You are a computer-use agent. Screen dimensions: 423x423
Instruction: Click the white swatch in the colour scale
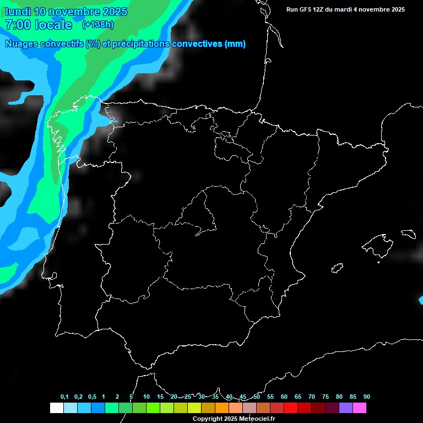[57, 408]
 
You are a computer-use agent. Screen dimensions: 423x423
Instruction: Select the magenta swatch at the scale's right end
[360, 408]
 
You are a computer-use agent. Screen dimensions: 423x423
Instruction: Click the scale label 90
[366, 397]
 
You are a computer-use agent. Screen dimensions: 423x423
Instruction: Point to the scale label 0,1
[64, 397]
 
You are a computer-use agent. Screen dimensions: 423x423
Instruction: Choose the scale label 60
[284, 397]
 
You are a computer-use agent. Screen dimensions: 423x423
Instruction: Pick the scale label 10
[146, 397]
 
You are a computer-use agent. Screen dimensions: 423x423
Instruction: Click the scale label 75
[325, 397]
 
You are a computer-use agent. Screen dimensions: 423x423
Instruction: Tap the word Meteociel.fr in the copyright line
[256, 419]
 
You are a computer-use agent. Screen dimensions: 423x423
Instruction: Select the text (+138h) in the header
[97, 24]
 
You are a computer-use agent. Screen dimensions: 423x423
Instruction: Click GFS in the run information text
[304, 9]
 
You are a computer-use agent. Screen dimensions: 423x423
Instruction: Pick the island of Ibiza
[337, 268]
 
